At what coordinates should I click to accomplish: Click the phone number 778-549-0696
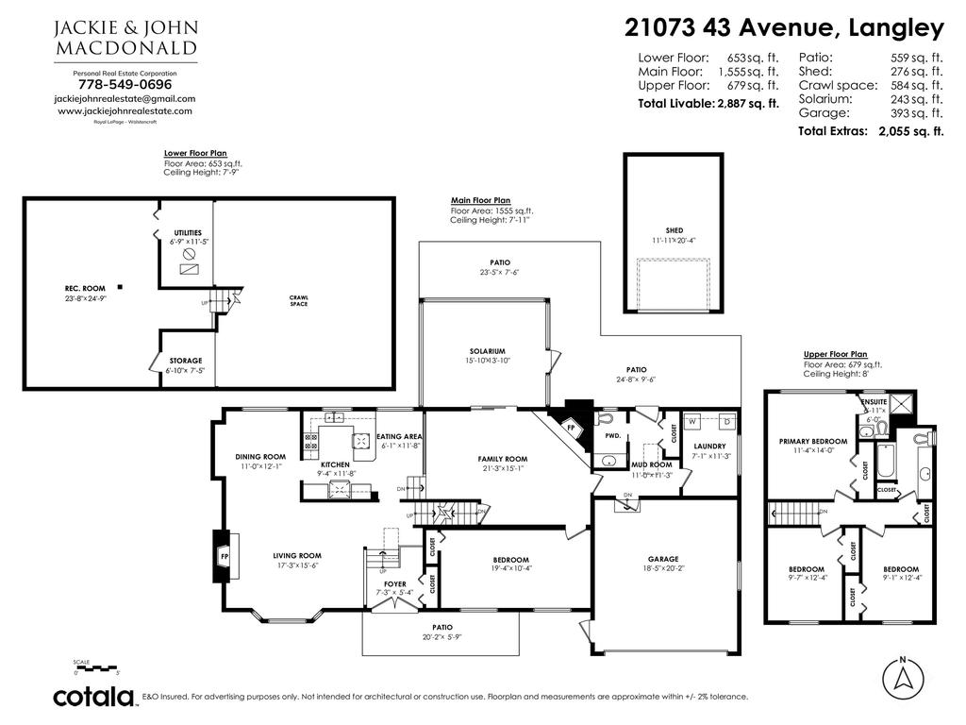click(x=125, y=84)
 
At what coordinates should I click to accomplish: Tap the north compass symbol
click(x=903, y=676)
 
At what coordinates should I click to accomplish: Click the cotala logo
click(x=93, y=698)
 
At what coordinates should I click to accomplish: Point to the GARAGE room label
click(x=662, y=559)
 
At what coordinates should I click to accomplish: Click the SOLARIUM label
click(x=482, y=351)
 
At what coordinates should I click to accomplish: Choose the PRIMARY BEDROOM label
click(x=812, y=441)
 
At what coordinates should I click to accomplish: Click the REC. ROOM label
click(x=79, y=289)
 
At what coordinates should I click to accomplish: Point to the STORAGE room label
click(x=186, y=361)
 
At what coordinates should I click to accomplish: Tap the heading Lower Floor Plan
click(x=194, y=153)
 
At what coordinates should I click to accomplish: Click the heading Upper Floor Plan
click(x=835, y=354)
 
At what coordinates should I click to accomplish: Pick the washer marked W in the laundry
click(x=691, y=421)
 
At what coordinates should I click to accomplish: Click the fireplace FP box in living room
click(x=224, y=557)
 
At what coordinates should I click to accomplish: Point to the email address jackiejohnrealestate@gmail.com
click(x=125, y=98)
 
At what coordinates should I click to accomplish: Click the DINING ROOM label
click(x=260, y=457)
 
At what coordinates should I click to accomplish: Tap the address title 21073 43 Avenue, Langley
click(x=784, y=28)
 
